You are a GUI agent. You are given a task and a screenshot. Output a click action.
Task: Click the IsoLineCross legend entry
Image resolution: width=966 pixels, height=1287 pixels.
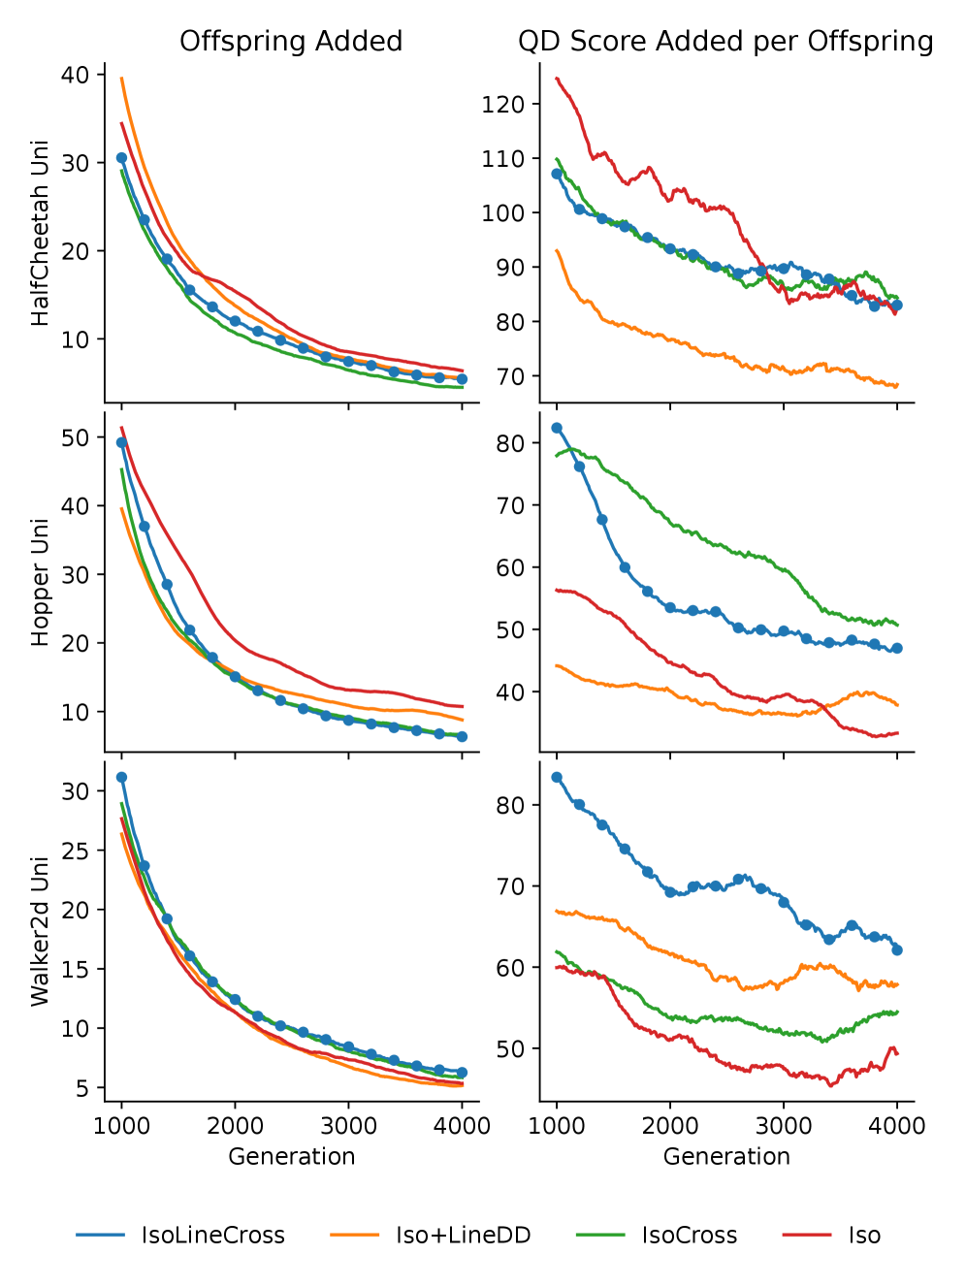212,1236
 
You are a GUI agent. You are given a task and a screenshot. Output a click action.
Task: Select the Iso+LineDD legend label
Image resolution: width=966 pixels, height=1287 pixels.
463,1236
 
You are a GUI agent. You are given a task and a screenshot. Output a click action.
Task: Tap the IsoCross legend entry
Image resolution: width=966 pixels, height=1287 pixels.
689,1236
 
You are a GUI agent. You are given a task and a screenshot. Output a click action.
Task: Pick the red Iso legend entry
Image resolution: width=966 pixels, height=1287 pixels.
863,1236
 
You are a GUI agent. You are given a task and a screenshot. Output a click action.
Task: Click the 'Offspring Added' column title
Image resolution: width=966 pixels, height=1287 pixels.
291,42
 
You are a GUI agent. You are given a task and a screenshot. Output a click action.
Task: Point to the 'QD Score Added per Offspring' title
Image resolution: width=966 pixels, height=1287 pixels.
725,42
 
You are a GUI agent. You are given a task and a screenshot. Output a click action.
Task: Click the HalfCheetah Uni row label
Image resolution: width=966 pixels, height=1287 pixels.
40,234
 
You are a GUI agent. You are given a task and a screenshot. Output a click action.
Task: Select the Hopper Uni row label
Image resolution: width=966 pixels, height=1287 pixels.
40,582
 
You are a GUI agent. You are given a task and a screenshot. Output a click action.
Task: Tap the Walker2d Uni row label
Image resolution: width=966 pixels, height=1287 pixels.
40,931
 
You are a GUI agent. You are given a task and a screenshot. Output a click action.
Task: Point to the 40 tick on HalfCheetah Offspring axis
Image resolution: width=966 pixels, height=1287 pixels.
75,75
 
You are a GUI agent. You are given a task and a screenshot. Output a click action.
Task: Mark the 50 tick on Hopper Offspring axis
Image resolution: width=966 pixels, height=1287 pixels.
75,437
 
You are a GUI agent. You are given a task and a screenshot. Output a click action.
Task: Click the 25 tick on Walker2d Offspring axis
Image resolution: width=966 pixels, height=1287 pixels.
75,851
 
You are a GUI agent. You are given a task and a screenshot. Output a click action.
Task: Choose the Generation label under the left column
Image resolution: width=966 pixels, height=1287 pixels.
291,1156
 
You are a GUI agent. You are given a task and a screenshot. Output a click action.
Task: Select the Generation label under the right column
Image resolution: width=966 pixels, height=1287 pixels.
726,1156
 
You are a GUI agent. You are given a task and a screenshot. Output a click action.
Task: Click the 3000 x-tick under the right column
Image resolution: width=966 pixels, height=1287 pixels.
784,1126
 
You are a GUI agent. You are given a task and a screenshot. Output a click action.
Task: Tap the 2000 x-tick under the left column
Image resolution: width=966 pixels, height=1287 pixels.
235,1126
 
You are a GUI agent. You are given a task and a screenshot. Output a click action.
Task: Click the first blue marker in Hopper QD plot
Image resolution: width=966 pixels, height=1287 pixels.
557,428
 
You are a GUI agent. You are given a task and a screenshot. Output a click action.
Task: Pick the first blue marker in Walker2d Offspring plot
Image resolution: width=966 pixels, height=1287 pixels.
121,777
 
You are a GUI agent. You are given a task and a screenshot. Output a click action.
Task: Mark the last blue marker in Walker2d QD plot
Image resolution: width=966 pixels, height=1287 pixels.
897,949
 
